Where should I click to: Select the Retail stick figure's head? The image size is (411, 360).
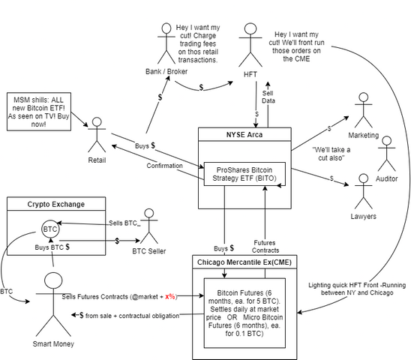(x=97, y=122)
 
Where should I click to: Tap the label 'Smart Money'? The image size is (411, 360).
(x=53, y=343)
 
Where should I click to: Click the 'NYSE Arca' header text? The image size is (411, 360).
(x=244, y=134)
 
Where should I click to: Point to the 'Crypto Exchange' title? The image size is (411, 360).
(x=56, y=204)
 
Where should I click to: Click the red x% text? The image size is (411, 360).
(x=170, y=296)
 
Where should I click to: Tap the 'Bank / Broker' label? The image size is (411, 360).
(x=166, y=71)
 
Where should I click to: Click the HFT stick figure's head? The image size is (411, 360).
(x=250, y=28)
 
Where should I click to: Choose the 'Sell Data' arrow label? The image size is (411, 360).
(x=268, y=97)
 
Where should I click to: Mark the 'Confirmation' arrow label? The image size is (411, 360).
(x=164, y=166)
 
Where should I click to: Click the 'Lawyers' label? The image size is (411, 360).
(x=363, y=216)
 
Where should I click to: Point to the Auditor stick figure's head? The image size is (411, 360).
(x=386, y=140)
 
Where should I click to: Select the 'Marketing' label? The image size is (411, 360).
(x=364, y=135)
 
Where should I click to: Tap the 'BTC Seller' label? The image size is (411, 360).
(x=149, y=251)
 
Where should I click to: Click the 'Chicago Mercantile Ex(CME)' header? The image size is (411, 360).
(x=244, y=262)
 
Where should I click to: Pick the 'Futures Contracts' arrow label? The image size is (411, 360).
(x=265, y=247)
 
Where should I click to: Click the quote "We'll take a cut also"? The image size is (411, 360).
(x=331, y=154)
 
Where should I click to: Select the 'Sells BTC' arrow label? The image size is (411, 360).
(x=123, y=223)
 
